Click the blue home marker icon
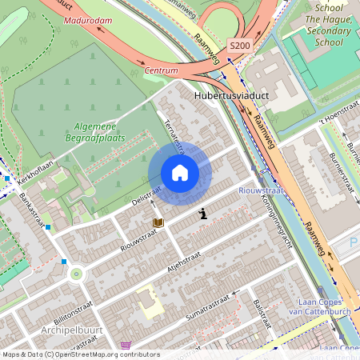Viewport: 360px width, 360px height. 180,173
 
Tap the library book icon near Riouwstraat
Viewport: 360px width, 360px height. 158,222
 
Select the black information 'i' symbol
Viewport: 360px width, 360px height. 203,213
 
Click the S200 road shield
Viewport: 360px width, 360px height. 239,46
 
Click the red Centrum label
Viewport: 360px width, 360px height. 161,70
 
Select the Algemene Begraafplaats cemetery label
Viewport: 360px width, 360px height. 95,132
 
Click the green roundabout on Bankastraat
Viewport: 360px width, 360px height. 77,274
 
